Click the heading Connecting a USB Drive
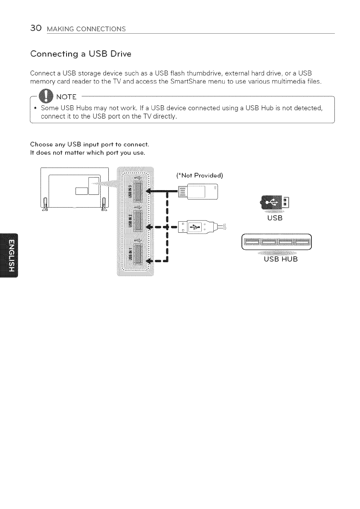click(81, 55)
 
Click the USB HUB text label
click(277, 259)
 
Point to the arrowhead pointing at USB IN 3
click(149, 191)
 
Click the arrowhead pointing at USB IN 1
click(149, 260)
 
